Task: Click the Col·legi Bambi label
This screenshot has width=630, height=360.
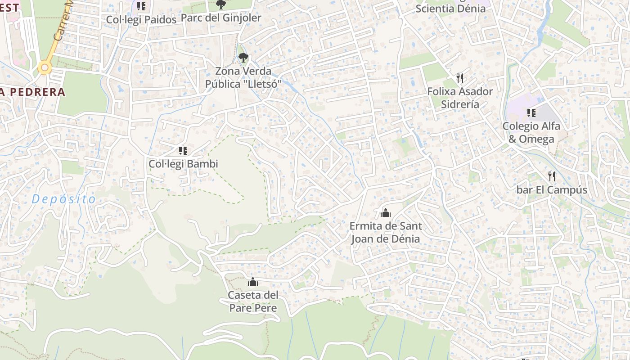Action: [183, 164]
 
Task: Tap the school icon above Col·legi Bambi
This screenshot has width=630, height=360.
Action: [183, 150]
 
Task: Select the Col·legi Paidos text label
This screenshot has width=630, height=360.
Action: [141, 20]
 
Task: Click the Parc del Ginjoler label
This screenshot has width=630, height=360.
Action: [221, 18]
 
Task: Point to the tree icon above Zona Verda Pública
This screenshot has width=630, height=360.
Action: [243, 58]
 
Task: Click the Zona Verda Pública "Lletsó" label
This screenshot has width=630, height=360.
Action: [243, 77]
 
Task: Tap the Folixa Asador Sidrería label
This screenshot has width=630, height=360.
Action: [459, 98]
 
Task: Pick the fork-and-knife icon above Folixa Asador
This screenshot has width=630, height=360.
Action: [459, 78]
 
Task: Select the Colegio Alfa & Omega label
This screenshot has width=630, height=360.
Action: [531, 132]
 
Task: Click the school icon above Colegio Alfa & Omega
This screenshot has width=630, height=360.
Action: [531, 112]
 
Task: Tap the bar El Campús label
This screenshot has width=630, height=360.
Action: [552, 190]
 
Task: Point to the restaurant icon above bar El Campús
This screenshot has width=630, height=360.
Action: [552, 176]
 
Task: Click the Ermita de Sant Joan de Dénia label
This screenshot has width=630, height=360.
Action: [385, 232]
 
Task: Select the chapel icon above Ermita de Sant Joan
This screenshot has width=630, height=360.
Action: [385, 213]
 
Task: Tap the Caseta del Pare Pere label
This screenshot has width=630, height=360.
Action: [253, 301]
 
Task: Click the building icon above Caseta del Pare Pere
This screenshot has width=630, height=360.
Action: [253, 282]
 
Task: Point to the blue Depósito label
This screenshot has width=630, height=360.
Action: [64, 199]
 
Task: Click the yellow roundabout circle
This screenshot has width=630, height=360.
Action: [44, 68]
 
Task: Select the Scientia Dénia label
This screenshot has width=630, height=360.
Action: [450, 8]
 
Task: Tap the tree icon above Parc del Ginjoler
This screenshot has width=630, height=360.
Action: [220, 4]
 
